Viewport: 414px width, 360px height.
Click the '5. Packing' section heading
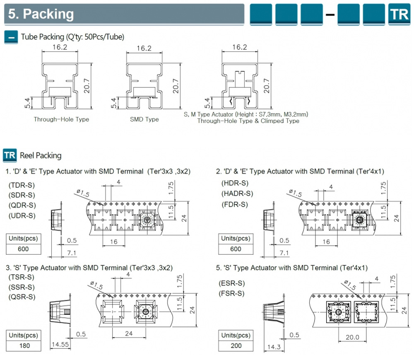pyautogui.click(x=41, y=14)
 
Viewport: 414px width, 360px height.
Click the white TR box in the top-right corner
pyautogui.click(x=399, y=14)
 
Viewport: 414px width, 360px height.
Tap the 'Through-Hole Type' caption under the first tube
pyautogui.click(x=61, y=119)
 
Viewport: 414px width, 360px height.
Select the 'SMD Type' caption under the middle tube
pyautogui.click(x=144, y=119)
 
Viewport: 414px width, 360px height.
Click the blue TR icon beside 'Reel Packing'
pyautogui.click(x=10, y=155)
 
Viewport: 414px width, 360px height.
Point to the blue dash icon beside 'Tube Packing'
pyautogui.click(x=10, y=37)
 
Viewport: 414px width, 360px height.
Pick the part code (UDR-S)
pyautogui.click(x=22, y=215)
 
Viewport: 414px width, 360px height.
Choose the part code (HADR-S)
pyautogui.click(x=238, y=193)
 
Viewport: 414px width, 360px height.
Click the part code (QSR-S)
pyautogui.click(x=22, y=297)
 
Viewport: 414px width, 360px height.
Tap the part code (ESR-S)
pyautogui.click(x=231, y=283)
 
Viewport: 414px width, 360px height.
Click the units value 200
pyautogui.click(x=236, y=346)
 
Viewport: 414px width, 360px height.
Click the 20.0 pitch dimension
pyautogui.click(x=353, y=337)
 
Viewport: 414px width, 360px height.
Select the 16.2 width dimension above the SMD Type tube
pyautogui.click(x=144, y=48)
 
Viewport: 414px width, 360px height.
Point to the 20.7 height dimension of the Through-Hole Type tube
pyautogui.click(x=87, y=86)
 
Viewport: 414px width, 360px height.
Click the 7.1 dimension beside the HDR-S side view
pyautogui.click(x=284, y=252)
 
